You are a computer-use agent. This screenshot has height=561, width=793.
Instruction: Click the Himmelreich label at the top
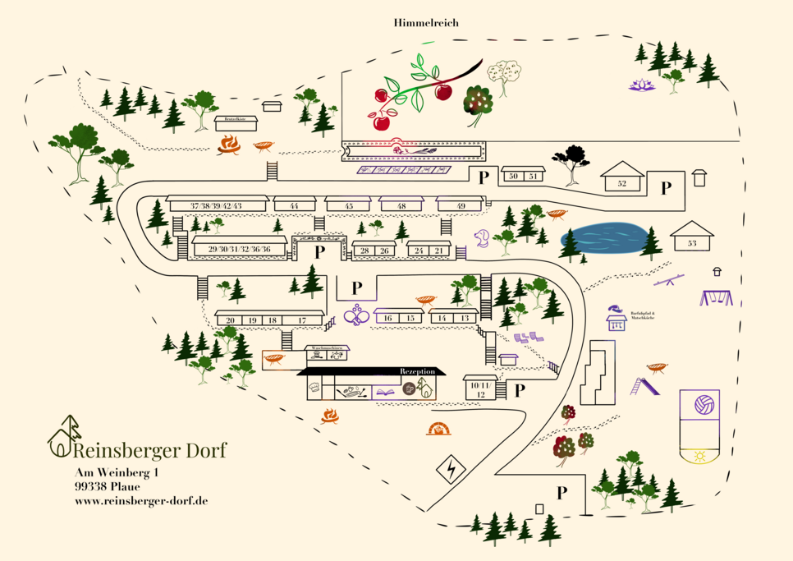(x=424, y=23)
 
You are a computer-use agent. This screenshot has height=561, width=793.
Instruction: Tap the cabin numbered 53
(x=691, y=242)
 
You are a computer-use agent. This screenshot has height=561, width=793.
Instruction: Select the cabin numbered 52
(x=621, y=183)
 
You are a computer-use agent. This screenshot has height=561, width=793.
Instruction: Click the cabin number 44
(x=293, y=205)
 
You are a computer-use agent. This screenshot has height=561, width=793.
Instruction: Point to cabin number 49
(x=461, y=205)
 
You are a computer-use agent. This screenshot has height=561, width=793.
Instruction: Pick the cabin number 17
(x=302, y=320)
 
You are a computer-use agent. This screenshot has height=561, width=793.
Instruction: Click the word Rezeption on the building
(x=417, y=371)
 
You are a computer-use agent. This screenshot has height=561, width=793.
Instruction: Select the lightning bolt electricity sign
(x=450, y=471)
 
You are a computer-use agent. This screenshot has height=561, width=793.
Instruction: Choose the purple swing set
(x=715, y=297)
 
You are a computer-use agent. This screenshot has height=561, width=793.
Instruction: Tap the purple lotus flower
(x=638, y=84)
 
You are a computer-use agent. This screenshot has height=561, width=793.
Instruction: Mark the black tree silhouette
(x=571, y=157)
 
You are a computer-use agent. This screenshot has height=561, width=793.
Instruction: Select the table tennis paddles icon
(x=356, y=315)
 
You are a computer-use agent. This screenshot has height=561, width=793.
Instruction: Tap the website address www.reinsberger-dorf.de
(x=140, y=500)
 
